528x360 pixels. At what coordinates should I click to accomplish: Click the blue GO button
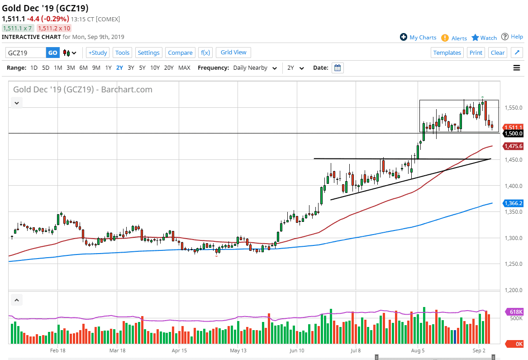tap(53, 53)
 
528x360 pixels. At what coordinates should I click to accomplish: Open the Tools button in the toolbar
tap(122, 53)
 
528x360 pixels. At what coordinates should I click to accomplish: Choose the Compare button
tap(180, 53)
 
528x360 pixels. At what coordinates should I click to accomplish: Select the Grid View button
tap(233, 53)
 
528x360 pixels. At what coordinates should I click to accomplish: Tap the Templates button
tap(447, 53)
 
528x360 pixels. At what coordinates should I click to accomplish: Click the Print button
tap(476, 53)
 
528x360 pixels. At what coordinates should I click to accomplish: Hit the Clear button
tap(498, 53)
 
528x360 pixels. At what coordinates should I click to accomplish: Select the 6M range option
tap(83, 68)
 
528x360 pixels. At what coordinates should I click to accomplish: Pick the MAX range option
tap(184, 68)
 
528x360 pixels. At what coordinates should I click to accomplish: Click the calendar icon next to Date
tap(338, 68)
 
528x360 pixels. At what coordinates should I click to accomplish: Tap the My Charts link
tap(418, 38)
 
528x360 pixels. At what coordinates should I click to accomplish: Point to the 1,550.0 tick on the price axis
tap(514, 108)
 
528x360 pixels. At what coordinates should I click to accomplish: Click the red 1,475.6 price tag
tap(514, 146)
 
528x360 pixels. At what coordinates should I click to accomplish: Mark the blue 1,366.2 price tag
tap(514, 203)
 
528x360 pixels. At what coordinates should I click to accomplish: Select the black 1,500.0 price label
tap(514, 134)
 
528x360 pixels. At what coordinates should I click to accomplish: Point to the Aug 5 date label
tap(418, 350)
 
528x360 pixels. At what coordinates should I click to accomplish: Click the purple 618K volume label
tap(514, 312)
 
